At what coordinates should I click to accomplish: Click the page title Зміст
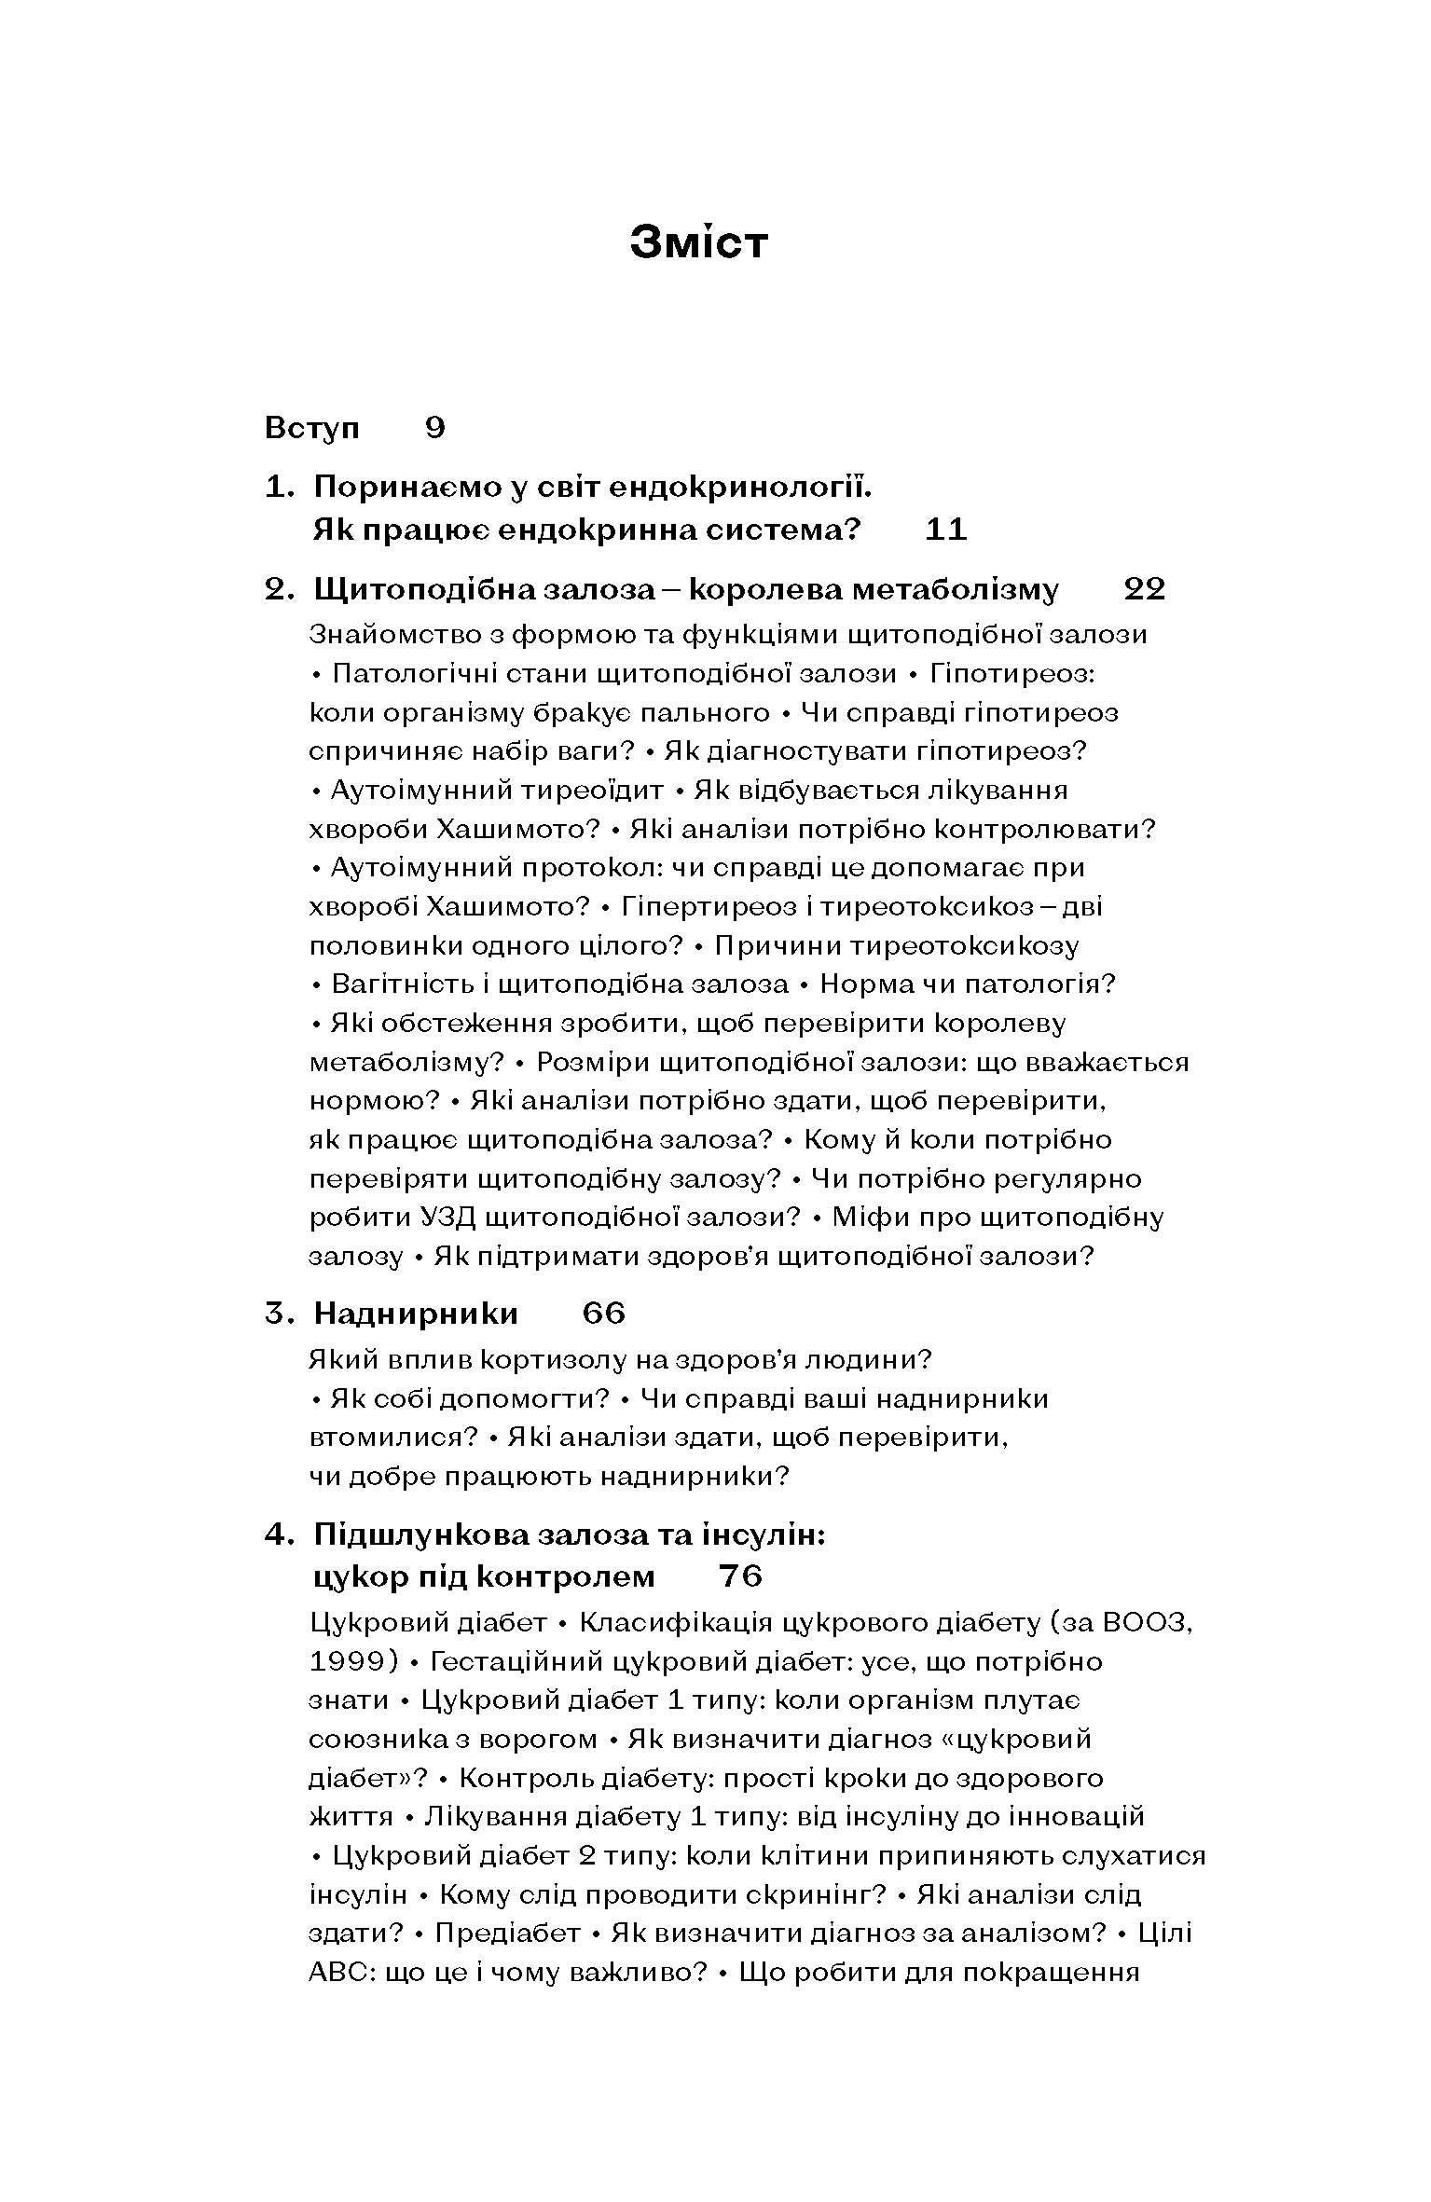pyautogui.click(x=698, y=242)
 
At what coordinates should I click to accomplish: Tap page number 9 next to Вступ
pyautogui.click(x=435, y=428)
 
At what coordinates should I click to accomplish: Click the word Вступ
pyautogui.click(x=312, y=428)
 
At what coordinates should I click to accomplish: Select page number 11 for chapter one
pyautogui.click(x=946, y=530)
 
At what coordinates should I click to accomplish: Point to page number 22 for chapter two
pyautogui.click(x=1145, y=589)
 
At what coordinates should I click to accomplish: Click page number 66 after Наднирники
pyautogui.click(x=603, y=1314)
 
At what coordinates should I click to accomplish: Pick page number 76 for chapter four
pyautogui.click(x=741, y=1576)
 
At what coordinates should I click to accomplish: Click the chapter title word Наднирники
pyautogui.click(x=416, y=1314)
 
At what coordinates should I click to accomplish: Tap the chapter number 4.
pyautogui.click(x=278, y=1535)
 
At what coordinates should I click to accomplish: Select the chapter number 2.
pyautogui.click(x=278, y=589)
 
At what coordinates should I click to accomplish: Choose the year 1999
pyautogui.click(x=346, y=1661)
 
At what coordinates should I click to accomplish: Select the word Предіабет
pyautogui.click(x=507, y=1934)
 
